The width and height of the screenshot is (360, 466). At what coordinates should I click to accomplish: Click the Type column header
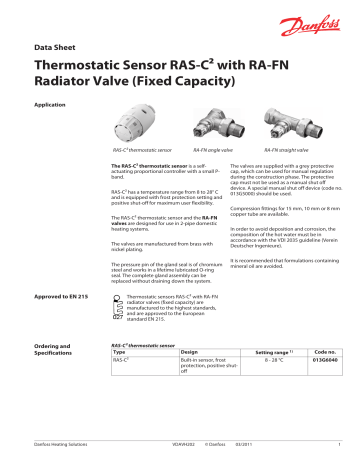[121, 381]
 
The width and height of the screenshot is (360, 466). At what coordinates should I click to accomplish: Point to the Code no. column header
[326, 381]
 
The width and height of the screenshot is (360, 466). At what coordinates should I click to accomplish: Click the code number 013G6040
[325, 391]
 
